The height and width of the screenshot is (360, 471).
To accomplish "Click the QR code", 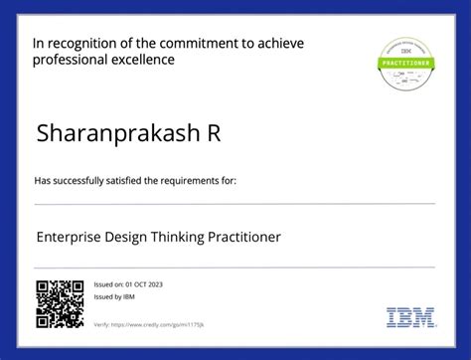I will coord(60,304).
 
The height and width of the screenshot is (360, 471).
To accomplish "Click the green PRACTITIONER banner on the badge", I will coord(408,62).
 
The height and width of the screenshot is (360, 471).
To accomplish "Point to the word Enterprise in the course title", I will coord(69,237).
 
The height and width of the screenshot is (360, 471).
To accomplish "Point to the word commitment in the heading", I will coord(203,44).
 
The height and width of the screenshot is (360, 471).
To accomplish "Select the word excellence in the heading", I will coord(143,60).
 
